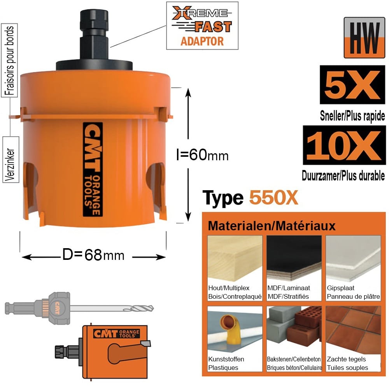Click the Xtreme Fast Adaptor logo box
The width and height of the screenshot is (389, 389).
point(202,26)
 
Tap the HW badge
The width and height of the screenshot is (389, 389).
point(364,38)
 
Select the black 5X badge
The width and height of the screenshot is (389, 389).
point(352,84)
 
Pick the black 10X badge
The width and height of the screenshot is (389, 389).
point(344,145)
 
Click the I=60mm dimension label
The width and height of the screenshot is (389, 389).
point(202,155)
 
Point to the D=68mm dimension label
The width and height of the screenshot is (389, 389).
point(93,255)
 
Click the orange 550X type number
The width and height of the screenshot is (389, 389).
point(273,198)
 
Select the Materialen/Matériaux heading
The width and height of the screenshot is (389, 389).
point(272,226)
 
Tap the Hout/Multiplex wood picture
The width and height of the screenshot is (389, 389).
point(235,259)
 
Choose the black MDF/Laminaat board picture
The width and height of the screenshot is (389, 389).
point(294,259)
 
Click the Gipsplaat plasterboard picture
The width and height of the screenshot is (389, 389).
point(353,259)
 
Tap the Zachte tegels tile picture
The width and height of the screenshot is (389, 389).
point(353,330)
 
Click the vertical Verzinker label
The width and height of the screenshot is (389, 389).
point(11,159)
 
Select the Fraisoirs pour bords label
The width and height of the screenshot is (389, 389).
point(9,60)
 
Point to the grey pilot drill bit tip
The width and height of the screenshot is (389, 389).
point(151,308)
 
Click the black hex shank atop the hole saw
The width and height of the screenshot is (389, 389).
point(94,34)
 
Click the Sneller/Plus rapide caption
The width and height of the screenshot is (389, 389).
point(352,116)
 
